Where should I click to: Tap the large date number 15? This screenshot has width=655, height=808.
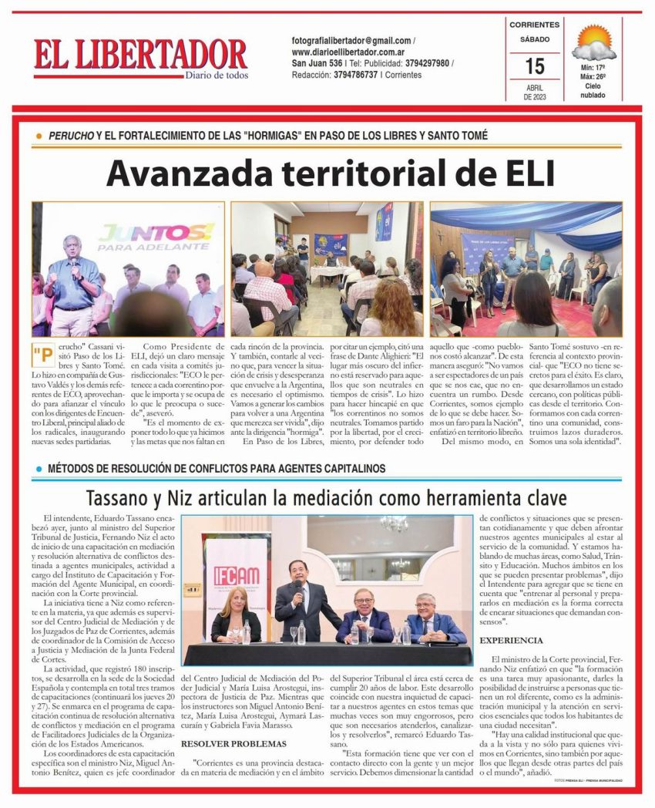click(535, 66)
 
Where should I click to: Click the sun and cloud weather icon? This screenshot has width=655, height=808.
click(594, 43)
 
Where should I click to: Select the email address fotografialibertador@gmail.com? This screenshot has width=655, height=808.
click(351, 40)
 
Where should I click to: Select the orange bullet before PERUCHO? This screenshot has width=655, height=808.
click(39, 136)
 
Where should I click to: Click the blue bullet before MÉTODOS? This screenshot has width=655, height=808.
click(39, 469)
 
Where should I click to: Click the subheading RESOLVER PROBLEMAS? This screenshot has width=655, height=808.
click(223, 743)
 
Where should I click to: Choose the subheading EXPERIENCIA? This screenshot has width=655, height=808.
click(511, 641)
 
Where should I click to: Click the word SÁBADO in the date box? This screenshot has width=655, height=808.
click(535, 39)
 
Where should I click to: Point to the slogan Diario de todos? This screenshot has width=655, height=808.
click(217, 75)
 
